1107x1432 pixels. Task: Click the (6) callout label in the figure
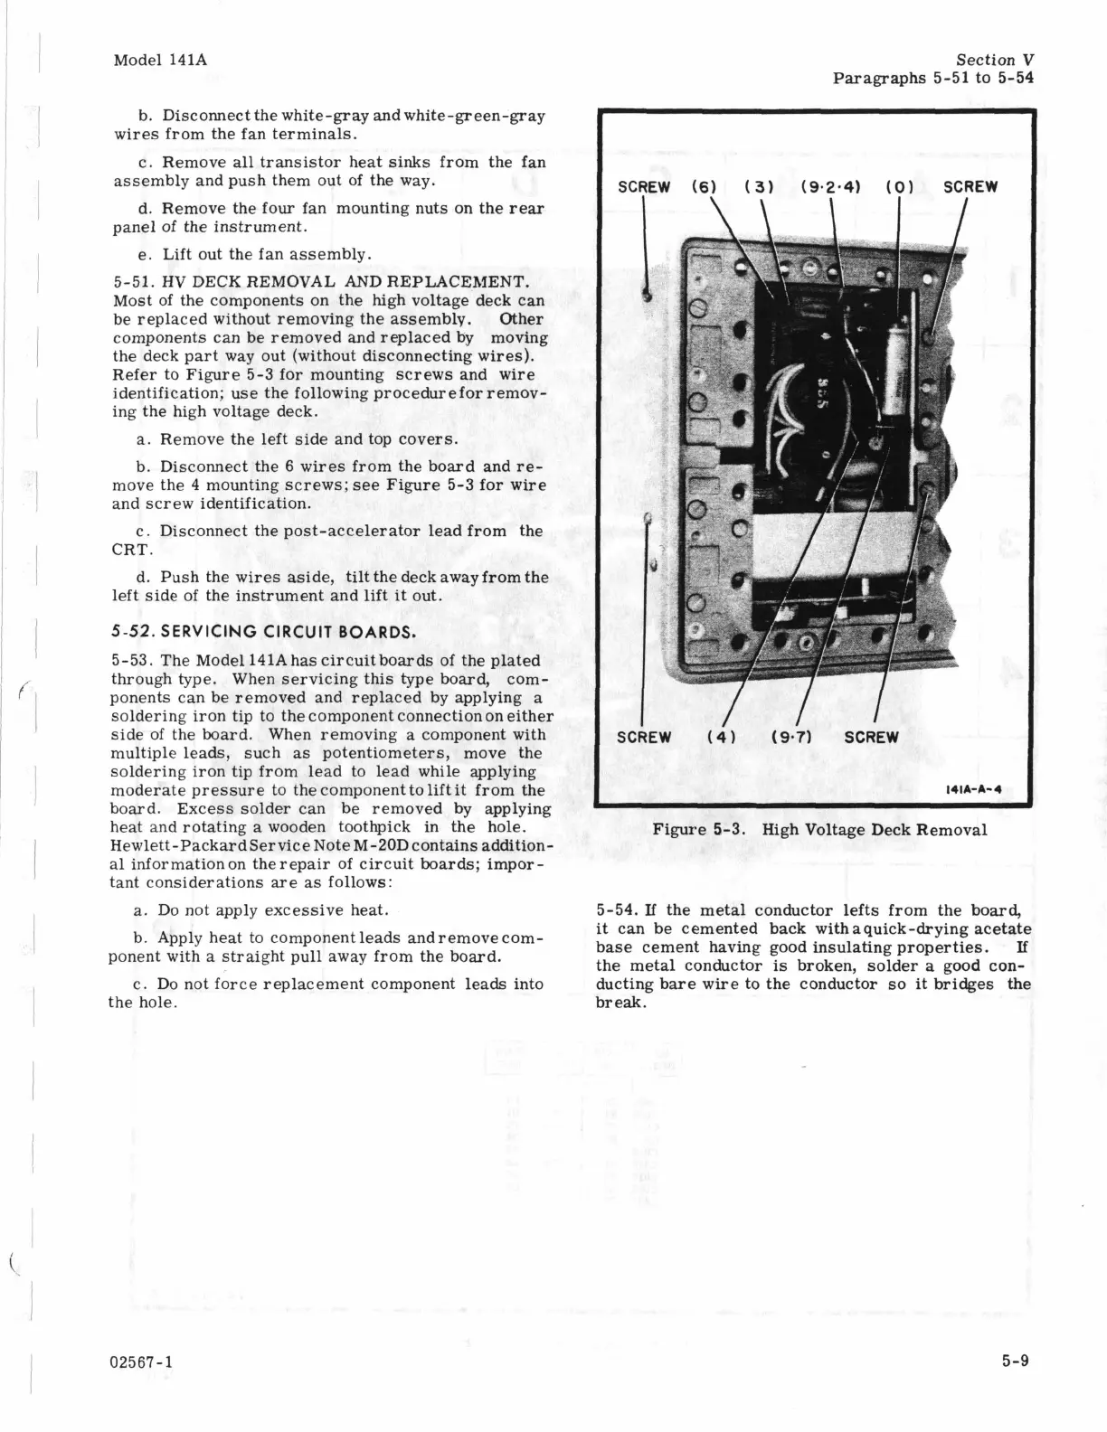(x=704, y=187)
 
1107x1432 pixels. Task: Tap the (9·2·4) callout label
(x=830, y=187)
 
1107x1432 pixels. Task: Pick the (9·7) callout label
(x=790, y=737)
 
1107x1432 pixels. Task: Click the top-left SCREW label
(x=643, y=187)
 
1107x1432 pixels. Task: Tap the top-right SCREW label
(x=970, y=187)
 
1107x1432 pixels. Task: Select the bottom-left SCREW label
(x=643, y=737)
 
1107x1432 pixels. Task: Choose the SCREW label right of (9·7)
(x=871, y=737)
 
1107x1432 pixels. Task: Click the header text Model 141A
(x=160, y=60)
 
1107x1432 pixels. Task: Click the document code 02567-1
(x=142, y=1361)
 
